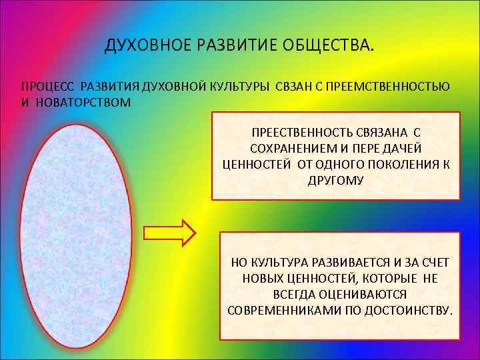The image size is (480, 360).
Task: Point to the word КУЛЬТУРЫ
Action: click(237, 87)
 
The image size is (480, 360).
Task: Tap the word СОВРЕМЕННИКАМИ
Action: click(279, 311)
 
